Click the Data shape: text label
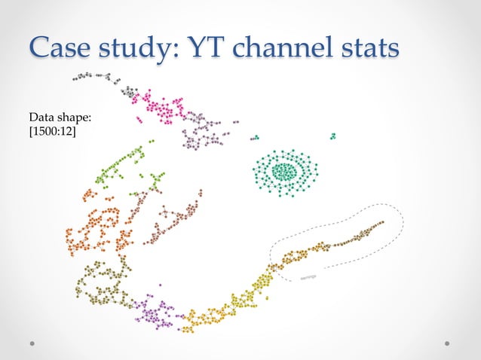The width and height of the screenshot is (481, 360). click(60, 118)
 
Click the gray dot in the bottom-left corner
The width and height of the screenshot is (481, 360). click(32, 343)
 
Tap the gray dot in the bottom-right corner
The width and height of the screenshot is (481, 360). click(448, 343)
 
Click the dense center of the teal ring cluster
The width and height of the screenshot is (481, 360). click(284, 172)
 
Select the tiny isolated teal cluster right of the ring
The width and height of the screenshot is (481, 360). click(332, 136)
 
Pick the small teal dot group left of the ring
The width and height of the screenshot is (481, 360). click(255, 137)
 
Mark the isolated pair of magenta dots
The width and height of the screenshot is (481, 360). click(138, 119)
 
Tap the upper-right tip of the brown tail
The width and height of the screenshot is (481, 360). click(381, 222)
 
